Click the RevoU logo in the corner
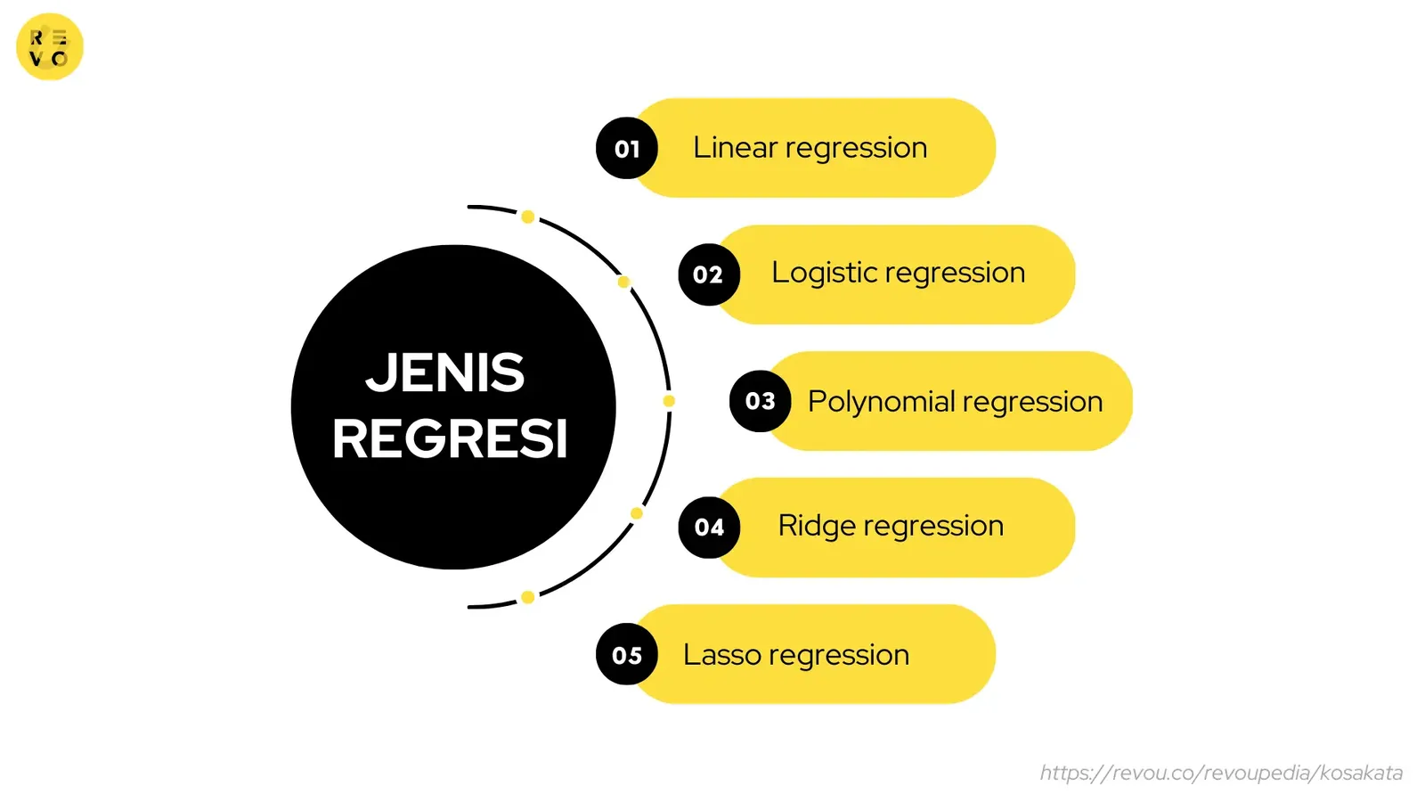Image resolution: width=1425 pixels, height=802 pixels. pos(50,47)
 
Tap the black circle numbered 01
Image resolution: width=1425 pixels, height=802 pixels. pos(627,148)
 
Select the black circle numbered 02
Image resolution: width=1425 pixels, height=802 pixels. pos(709,274)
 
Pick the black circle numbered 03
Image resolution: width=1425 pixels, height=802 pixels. pos(761,401)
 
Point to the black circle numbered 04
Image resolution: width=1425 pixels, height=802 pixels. pos(709,528)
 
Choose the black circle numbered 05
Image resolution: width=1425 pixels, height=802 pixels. pos(627,654)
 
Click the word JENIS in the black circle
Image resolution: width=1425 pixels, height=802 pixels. pos(445,372)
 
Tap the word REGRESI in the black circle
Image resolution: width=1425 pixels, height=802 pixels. pos(450,439)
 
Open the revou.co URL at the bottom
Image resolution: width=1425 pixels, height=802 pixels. pos(1221,773)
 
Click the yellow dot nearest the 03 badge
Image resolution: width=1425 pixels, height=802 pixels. pos(669,401)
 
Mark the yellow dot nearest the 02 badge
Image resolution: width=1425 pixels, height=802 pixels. pos(623,282)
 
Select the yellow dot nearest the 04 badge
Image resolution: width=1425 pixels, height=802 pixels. pos(636,513)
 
